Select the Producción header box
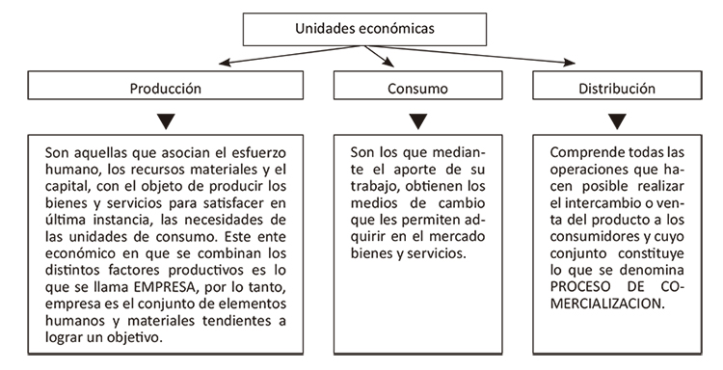(166, 88)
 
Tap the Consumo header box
(416, 88)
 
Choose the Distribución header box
(617, 88)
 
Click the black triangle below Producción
(166, 121)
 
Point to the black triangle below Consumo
(417, 121)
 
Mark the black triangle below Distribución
(617, 121)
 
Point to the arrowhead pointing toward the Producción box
(224, 66)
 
